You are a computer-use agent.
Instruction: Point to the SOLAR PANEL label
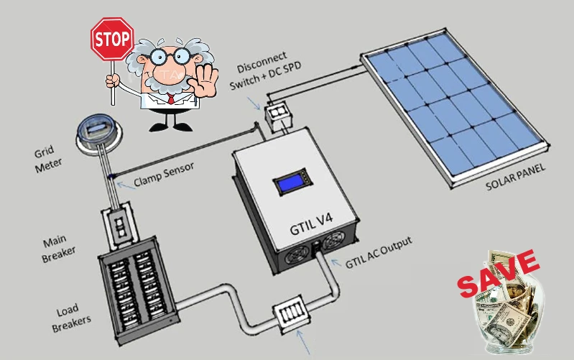pyautogui.click(x=516, y=177)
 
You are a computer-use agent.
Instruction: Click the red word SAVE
pyautogui.click(x=499, y=274)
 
